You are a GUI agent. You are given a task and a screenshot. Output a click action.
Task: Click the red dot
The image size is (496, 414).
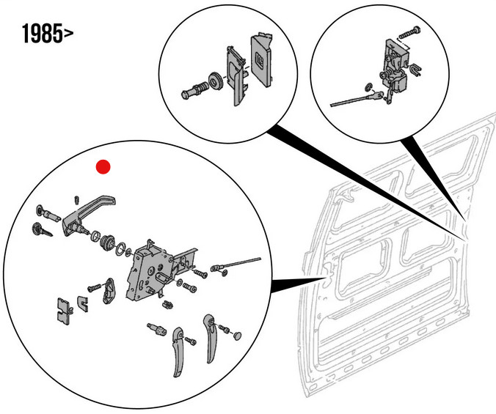point(103,167)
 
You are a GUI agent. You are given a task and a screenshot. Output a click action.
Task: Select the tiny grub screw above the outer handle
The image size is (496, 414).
point(77,199)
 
